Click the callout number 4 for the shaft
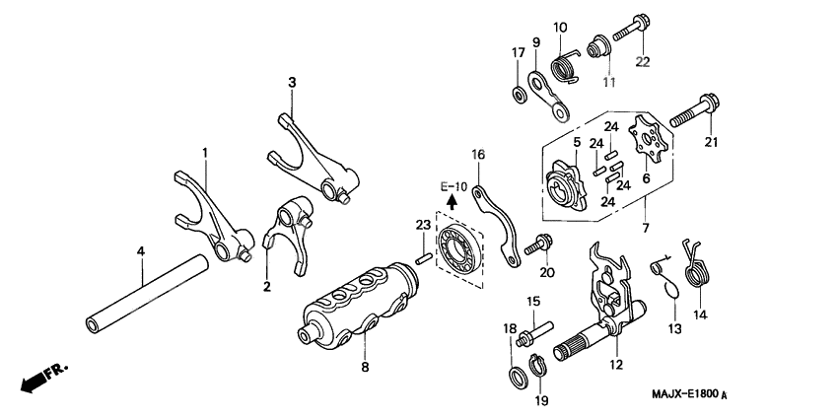point(141,252)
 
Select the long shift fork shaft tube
point(148,293)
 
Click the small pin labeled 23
point(422,259)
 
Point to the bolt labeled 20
point(541,243)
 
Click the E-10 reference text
point(454,186)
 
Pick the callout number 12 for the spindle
point(617,365)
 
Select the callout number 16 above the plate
point(477,154)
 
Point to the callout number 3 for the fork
point(292,82)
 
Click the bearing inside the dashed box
point(458,251)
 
